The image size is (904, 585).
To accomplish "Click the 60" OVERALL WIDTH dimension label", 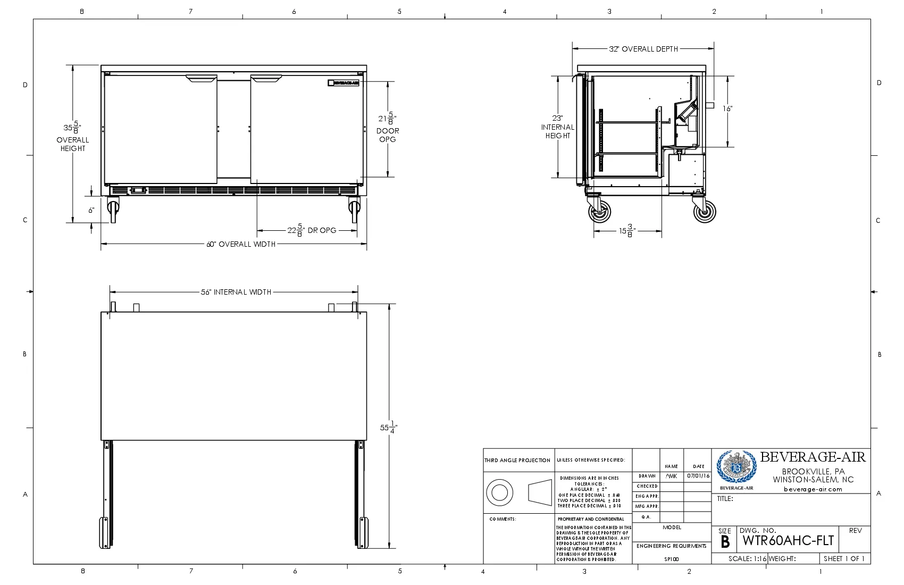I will click(241, 244).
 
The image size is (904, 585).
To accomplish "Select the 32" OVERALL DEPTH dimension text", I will click(643, 49).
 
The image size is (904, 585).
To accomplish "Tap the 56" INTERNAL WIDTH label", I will click(236, 292).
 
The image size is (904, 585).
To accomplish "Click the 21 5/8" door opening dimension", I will click(388, 119).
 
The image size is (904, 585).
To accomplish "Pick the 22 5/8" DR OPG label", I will click(312, 230).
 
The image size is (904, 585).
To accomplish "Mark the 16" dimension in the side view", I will click(727, 108).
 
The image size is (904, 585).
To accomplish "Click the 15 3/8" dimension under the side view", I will click(627, 231).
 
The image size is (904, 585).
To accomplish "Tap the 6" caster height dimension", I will click(91, 210).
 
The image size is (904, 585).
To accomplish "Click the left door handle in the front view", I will click(202, 79).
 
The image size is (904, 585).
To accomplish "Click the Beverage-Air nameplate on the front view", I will click(344, 82).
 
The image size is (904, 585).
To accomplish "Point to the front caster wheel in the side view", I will click(599, 212).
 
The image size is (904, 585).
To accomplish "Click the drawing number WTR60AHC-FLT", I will click(788, 541).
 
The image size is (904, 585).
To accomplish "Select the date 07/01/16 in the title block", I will click(698, 476).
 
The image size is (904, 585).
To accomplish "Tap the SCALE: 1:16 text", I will click(747, 558).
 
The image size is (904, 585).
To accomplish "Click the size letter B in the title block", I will click(725, 542).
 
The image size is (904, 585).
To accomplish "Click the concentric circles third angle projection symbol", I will click(499, 492).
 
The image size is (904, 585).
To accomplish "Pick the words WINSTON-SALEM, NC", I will click(813, 479).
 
